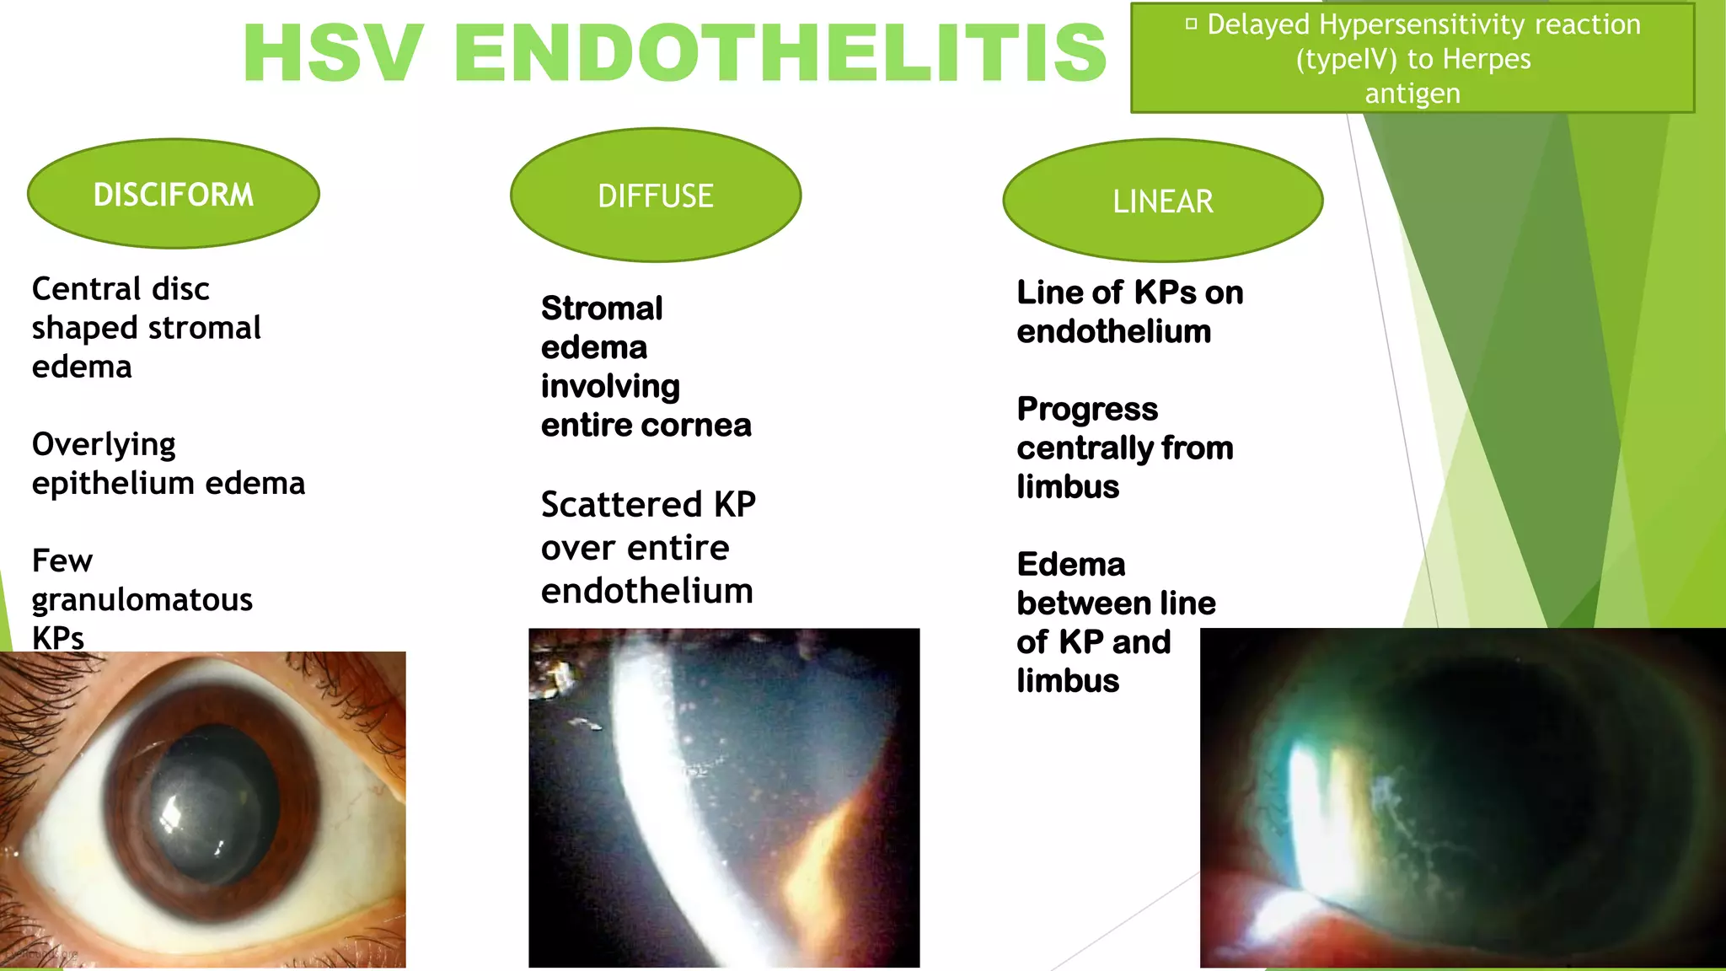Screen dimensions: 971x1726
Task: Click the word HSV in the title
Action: [333, 54]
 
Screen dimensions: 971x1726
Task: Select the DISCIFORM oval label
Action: [174, 195]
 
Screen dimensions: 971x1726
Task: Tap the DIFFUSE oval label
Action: [656, 196]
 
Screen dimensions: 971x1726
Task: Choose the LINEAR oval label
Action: [1163, 201]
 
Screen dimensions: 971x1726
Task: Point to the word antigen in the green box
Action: [1412, 94]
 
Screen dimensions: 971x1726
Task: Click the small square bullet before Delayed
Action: [1191, 24]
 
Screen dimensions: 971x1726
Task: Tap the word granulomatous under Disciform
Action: [142, 600]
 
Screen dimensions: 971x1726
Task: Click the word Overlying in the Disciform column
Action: [104, 445]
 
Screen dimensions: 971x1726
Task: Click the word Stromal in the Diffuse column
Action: [602, 308]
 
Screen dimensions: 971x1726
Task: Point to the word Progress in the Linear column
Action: [1087, 410]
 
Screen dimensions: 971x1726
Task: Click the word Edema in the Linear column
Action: [1071, 565]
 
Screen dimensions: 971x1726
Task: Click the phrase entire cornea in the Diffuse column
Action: [646, 426]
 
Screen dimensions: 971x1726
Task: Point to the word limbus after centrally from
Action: [1068, 487]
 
